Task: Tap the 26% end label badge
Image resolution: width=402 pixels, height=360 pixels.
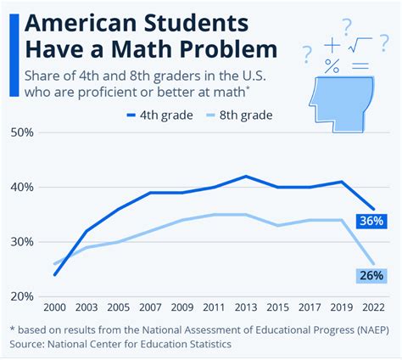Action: point(371,274)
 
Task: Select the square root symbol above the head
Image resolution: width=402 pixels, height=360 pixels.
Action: point(359,42)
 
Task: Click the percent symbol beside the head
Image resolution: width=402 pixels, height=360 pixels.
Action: point(332,64)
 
